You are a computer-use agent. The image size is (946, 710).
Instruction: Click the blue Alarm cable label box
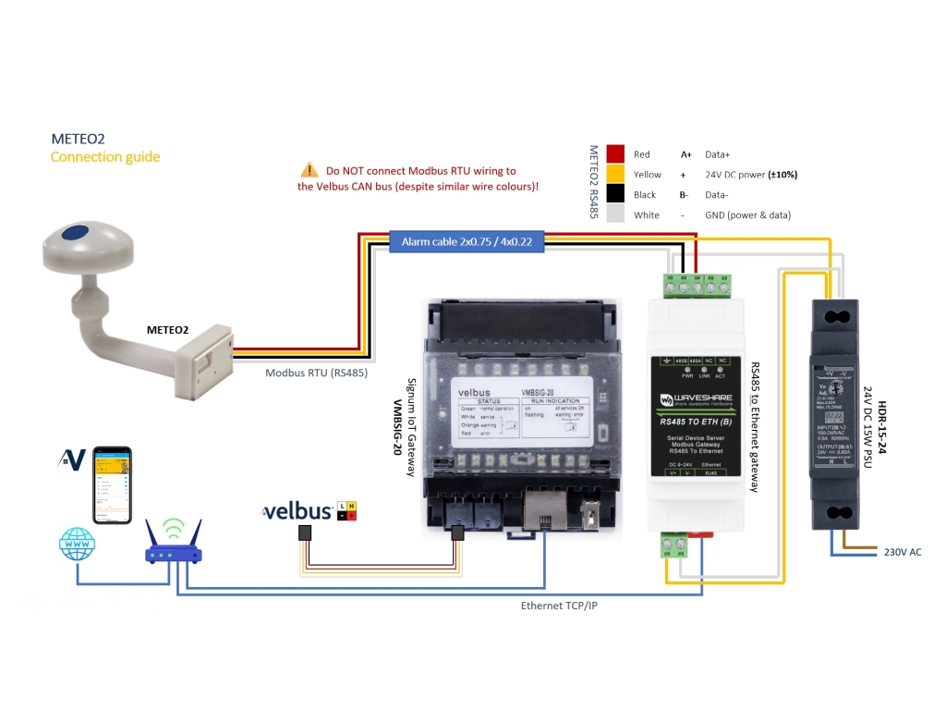point(467,242)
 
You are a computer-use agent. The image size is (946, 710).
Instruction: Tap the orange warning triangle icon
point(309,170)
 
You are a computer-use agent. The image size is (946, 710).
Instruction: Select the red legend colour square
point(615,154)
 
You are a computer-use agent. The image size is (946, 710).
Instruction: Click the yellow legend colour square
point(615,174)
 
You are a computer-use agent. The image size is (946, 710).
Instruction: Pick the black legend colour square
point(615,194)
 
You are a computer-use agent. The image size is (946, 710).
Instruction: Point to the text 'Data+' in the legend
point(718,154)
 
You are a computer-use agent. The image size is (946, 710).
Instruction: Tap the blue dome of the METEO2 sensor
point(81,232)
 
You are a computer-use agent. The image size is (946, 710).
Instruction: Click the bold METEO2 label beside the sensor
point(167,329)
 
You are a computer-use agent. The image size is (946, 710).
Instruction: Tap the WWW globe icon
point(77,545)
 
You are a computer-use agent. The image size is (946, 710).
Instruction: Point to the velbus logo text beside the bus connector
point(297,511)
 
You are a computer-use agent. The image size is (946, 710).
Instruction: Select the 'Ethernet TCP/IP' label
point(560,606)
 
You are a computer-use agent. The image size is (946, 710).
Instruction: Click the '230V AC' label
point(903,552)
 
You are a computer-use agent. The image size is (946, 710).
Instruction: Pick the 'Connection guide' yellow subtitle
point(104,156)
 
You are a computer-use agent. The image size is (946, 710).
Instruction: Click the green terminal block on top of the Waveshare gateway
point(697,283)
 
